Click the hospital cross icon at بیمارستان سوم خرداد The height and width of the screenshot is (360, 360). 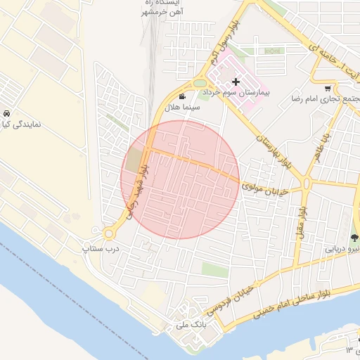236,82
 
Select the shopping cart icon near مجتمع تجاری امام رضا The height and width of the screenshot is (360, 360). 328,89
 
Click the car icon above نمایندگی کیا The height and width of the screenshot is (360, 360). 6,114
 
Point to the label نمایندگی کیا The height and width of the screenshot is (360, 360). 22,125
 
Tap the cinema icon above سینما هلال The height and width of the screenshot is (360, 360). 183,97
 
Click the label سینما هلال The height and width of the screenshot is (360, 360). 181,108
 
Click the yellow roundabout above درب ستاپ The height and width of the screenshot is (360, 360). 109,233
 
